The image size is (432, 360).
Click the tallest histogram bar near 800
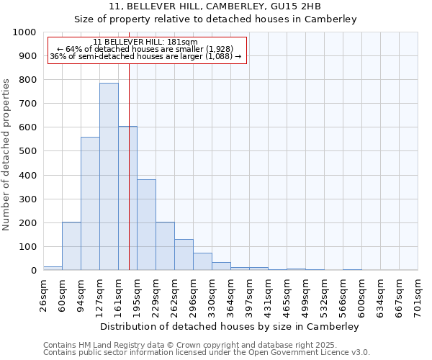coord(109,176)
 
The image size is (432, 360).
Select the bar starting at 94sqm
coord(90,204)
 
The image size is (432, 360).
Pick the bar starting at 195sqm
coord(146,225)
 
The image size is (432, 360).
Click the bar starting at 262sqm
coord(184,255)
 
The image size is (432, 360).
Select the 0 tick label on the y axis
coord(34,271)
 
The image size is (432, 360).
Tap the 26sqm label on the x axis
coord(43,294)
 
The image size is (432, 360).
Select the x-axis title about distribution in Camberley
coord(230,326)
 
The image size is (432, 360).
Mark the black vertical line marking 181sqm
coord(129,180)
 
